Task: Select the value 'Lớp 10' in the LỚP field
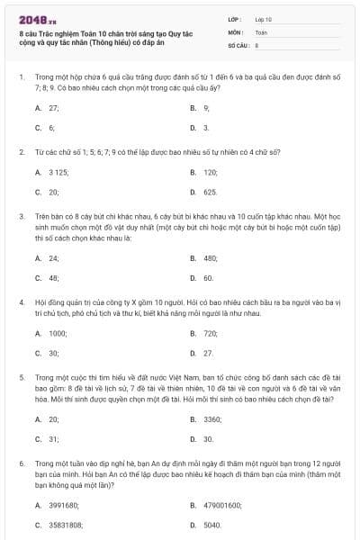click(x=264, y=18)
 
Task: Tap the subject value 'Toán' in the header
click(x=261, y=31)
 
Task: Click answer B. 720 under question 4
click(x=204, y=333)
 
